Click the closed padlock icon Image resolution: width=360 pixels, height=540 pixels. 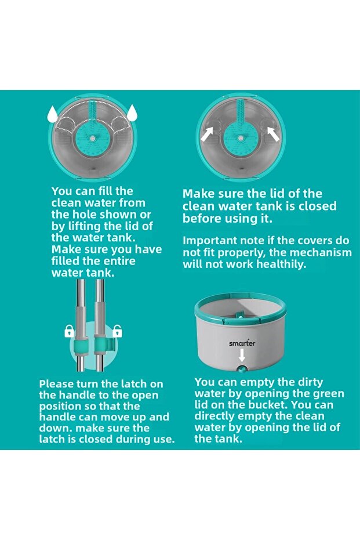70,331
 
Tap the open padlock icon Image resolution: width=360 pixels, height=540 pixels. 117,331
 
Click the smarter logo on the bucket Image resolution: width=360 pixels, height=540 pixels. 242,343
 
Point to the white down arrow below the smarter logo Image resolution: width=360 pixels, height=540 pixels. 242,355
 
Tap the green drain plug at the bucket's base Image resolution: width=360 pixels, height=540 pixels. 242,369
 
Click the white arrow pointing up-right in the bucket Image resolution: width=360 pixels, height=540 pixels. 207,135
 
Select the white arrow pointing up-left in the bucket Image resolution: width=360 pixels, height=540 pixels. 274,135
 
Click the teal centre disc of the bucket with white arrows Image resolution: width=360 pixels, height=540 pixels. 241,139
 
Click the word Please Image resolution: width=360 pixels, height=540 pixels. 56,384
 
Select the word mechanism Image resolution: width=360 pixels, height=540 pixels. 321,252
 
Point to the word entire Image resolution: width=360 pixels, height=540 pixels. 120,260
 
